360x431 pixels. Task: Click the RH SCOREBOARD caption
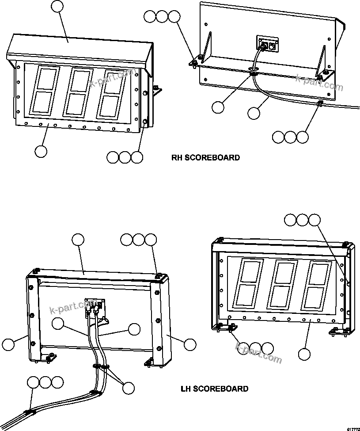click(206, 157)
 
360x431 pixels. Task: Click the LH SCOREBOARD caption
click(214, 389)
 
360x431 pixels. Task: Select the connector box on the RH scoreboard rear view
click(267, 44)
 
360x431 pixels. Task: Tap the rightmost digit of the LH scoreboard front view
click(317, 286)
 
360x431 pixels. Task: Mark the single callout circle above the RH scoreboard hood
click(57, 7)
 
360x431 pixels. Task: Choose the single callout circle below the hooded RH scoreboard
click(41, 151)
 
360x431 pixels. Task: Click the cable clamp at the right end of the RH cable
click(319, 103)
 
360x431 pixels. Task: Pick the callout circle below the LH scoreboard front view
click(304, 354)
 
